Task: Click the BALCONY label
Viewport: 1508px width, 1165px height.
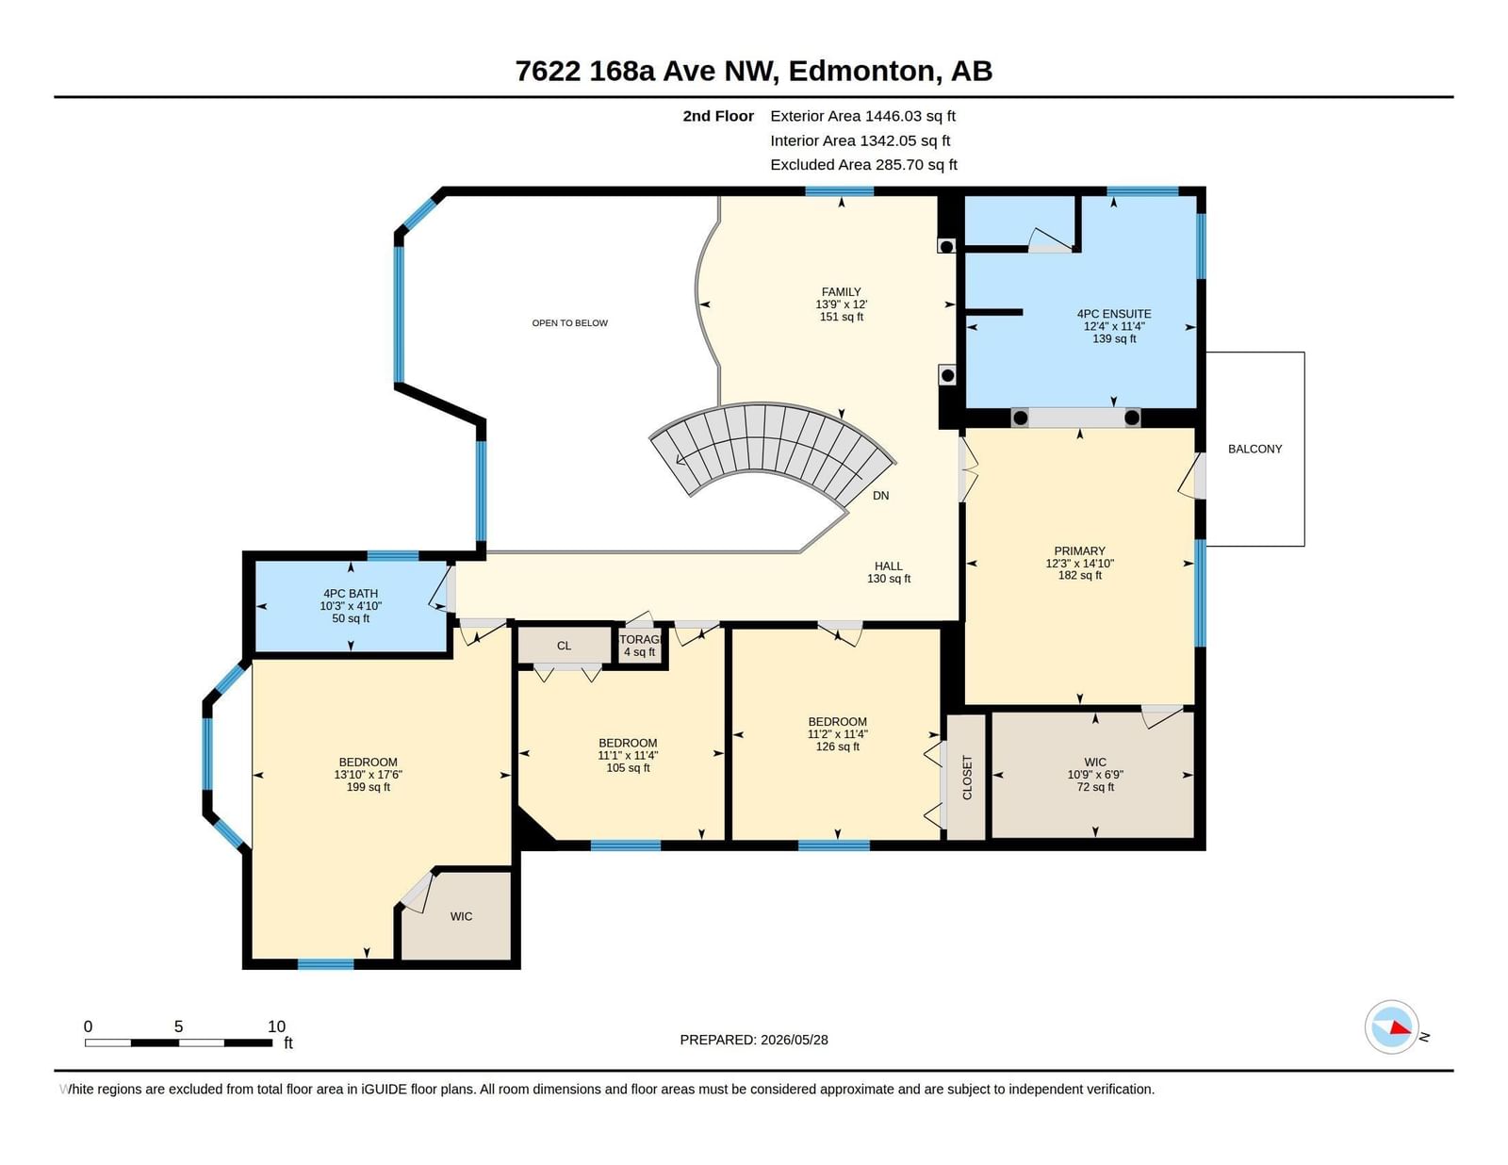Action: point(1254,449)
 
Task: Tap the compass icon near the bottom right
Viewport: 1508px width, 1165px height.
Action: point(1391,1026)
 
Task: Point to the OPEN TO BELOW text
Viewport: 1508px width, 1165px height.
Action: point(570,322)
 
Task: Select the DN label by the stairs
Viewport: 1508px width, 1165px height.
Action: point(880,496)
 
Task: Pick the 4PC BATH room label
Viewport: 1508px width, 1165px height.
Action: point(351,593)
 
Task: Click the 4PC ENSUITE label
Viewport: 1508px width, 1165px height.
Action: point(1114,314)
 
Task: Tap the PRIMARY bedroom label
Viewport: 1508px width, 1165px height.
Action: point(1079,551)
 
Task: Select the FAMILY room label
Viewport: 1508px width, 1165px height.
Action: point(841,292)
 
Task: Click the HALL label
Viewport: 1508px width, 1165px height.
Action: point(888,566)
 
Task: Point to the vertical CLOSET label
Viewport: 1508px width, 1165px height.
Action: point(967,777)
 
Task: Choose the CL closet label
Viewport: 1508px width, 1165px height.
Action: point(565,646)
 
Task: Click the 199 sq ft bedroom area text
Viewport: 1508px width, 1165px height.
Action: point(369,788)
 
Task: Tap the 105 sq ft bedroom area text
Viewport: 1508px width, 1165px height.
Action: point(628,768)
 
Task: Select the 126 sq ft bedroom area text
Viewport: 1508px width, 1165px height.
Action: point(838,747)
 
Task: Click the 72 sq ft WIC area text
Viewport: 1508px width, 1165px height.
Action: point(1095,787)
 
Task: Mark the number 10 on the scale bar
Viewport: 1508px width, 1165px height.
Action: point(276,1026)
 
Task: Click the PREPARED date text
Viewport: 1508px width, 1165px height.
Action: point(754,1040)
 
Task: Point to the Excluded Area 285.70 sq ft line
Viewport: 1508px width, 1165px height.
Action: point(863,164)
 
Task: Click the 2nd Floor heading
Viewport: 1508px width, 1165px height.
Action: point(717,116)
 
